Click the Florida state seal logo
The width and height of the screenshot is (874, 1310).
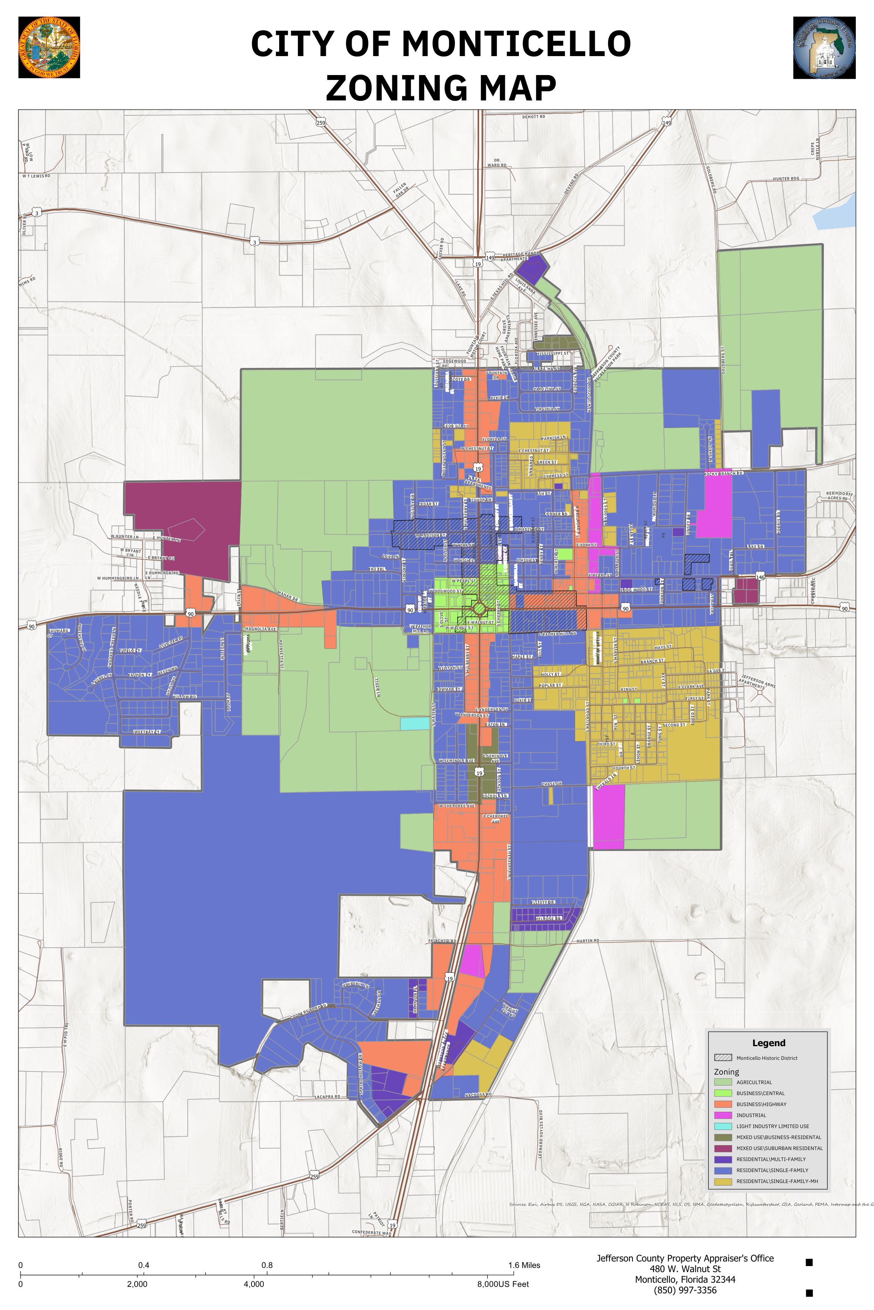49,47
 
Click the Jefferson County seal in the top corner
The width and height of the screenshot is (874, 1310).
824,47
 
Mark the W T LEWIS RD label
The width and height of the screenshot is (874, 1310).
36,176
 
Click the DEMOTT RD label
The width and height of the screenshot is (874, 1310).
533,117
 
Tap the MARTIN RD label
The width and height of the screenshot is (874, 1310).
588,941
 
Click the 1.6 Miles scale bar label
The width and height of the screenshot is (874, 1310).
524,1265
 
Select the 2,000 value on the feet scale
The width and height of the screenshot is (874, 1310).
137,1284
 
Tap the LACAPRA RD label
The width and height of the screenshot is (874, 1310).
327,1097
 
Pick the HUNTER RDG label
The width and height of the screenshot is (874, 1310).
786,179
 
